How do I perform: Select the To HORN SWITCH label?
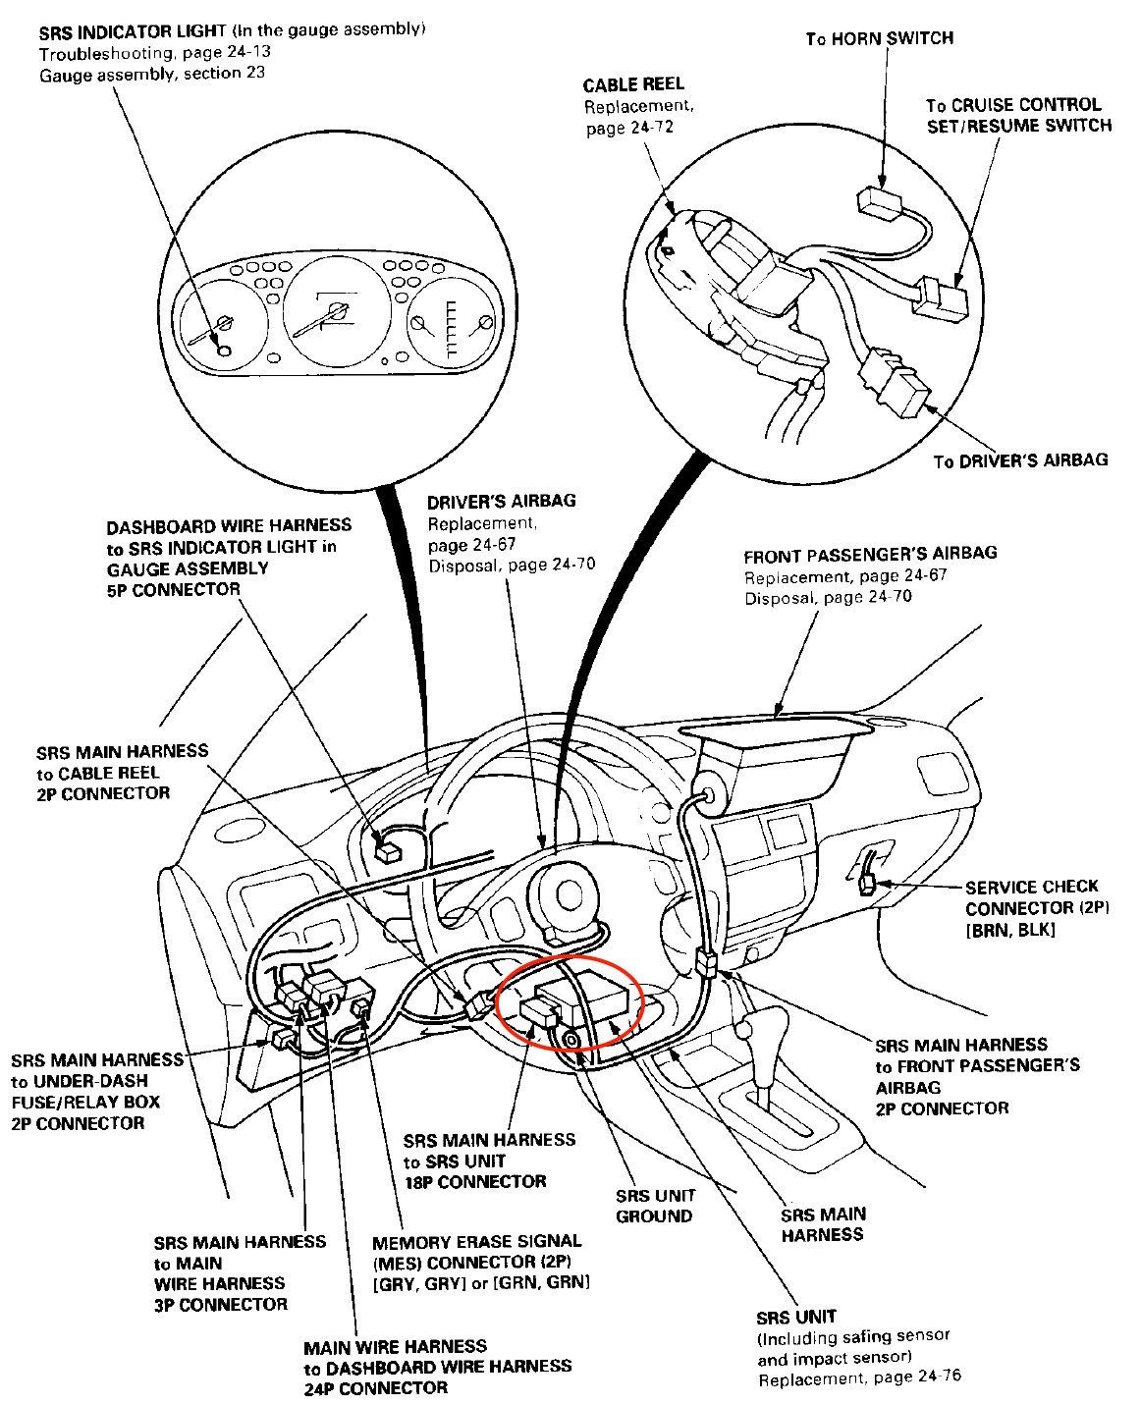click(x=879, y=38)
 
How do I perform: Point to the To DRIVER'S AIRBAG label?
click(x=1019, y=459)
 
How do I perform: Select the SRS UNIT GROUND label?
click(x=655, y=1206)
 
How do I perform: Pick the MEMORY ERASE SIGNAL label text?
click(x=476, y=1241)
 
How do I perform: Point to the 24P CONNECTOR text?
click(x=375, y=1387)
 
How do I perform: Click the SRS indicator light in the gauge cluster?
click(x=224, y=351)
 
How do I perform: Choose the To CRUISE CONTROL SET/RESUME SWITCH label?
click(x=1017, y=115)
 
